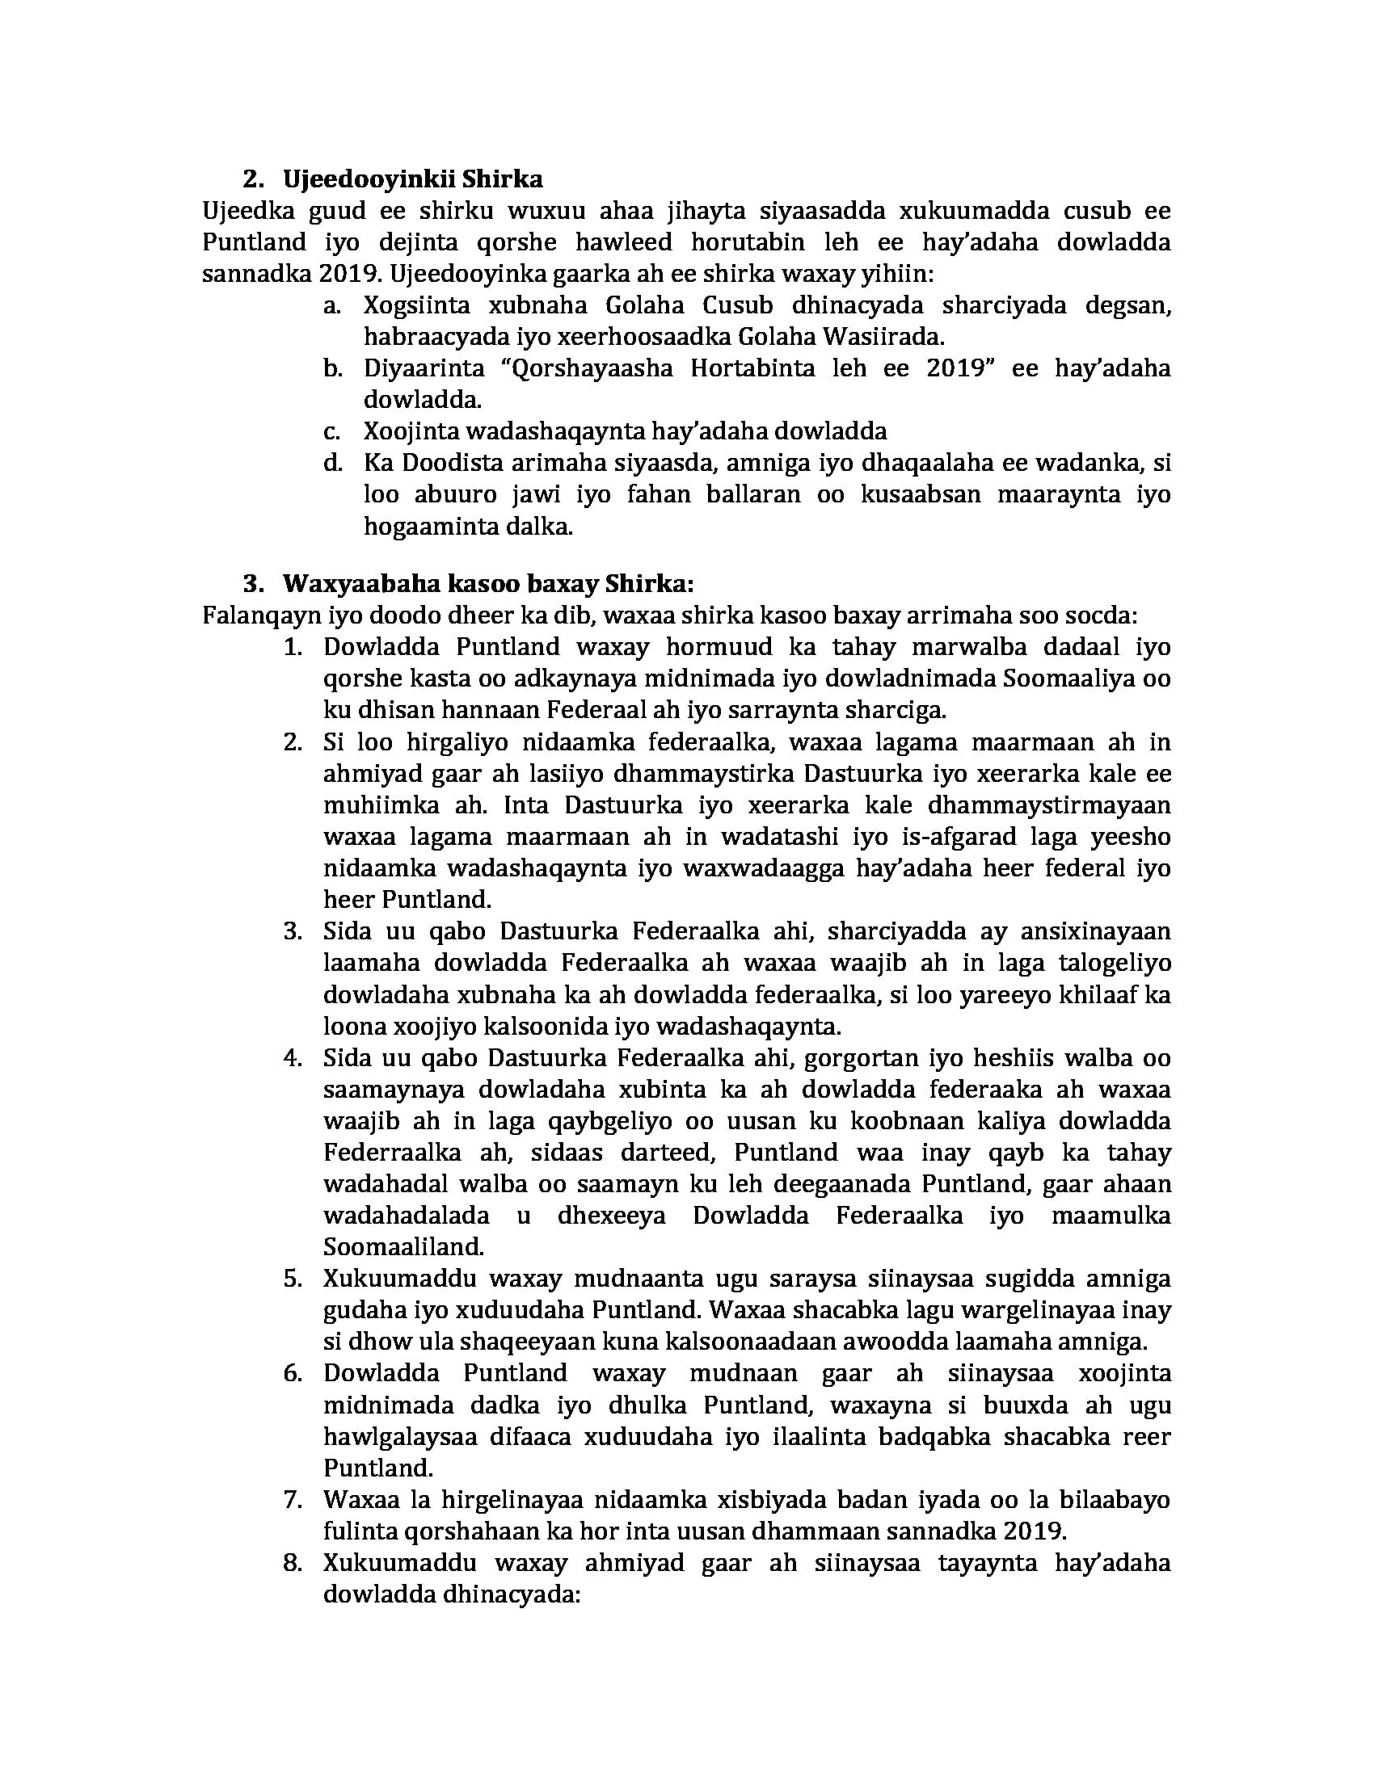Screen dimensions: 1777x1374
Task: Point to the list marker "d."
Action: (331, 463)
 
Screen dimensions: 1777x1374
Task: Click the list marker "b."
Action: (331, 368)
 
